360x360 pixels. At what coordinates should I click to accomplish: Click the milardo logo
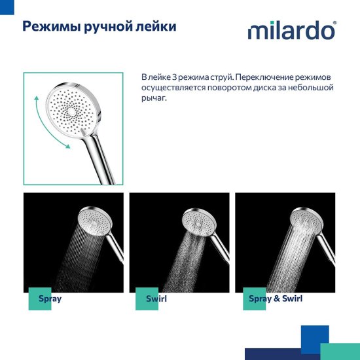tap(291, 31)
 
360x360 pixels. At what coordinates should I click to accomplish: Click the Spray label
tap(50, 299)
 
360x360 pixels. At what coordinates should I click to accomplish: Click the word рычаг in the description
tap(154, 98)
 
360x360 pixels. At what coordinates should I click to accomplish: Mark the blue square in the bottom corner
tap(314, 338)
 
